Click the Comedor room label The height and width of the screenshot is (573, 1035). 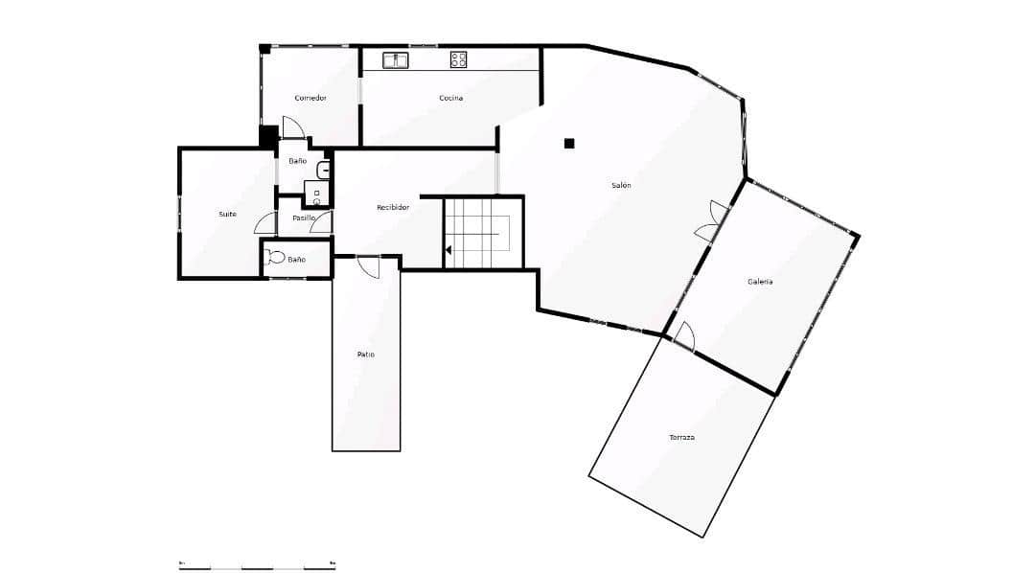310,98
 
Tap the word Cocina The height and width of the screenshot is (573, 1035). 451,98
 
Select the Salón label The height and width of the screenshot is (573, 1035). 621,185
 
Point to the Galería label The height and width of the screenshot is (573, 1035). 760,282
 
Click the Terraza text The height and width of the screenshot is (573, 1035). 681,437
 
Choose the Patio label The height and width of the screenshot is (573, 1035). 365,355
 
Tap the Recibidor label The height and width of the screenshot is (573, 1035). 393,207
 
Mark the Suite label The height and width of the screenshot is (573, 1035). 227,214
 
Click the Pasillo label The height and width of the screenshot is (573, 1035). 303,218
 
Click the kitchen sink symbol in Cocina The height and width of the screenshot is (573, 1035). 396,60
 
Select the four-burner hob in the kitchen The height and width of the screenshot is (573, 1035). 458,60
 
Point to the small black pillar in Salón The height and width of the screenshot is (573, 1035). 569,144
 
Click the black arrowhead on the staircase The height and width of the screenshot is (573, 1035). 448,250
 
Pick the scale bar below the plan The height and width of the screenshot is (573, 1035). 257,567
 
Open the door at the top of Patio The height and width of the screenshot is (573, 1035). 369,265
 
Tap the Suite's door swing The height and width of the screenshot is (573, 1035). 265,223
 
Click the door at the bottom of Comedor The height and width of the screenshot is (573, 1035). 292,127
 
